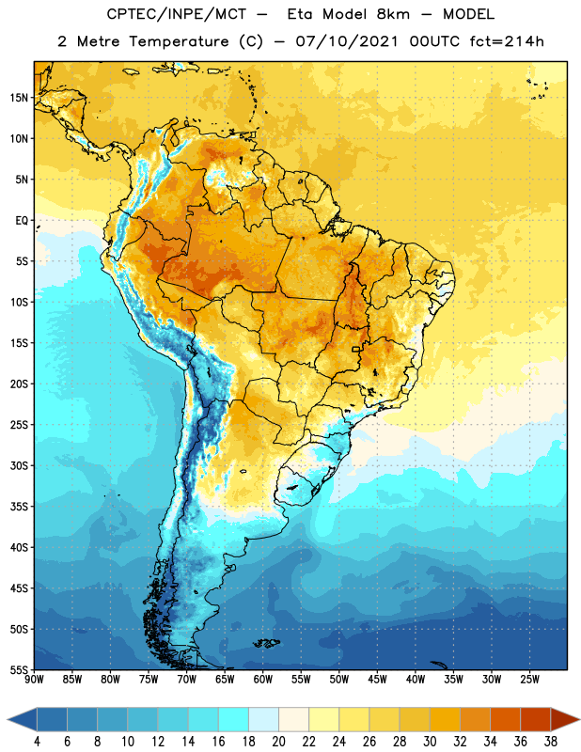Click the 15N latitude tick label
pos(19,98)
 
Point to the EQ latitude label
pos(22,221)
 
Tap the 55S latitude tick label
pos(19,669)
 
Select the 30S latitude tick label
pos(19,465)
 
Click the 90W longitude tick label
pos(34,679)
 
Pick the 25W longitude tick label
pos(529,679)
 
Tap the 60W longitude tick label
pos(263,679)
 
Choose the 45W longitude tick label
pos(377,679)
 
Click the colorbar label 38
pos(550,742)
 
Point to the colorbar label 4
pos(37,742)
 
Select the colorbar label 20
pos(278,742)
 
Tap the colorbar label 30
pos(430,742)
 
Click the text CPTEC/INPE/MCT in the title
pos(177,14)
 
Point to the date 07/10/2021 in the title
pos(347,41)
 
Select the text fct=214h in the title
pos(507,41)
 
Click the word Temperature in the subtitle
pos(179,41)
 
